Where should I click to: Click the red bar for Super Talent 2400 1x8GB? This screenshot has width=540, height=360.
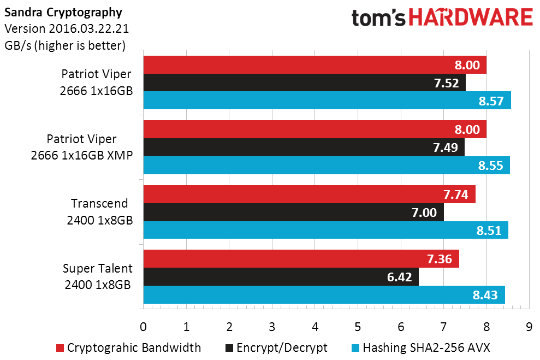click(301, 259)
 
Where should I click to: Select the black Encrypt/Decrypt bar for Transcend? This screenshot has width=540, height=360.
click(294, 212)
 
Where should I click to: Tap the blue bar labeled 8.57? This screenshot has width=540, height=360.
click(327, 101)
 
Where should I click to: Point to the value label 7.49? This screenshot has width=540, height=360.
click(446, 147)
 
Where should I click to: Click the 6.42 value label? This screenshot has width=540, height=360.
click(400, 277)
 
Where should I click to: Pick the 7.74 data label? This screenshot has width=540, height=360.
click(455, 194)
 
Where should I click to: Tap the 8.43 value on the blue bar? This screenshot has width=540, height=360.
click(485, 295)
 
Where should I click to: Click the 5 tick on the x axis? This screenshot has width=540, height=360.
click(358, 327)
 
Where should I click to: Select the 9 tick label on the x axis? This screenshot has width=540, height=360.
click(529, 327)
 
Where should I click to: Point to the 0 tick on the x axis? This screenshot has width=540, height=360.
click(143, 327)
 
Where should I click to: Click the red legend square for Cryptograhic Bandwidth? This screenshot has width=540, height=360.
click(60, 348)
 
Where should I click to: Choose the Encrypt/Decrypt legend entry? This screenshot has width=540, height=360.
click(276, 348)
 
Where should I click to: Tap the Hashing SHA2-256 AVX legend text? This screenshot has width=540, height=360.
click(426, 347)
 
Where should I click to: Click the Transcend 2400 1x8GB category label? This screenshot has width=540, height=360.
click(99, 211)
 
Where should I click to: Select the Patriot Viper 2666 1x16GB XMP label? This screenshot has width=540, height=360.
click(82, 147)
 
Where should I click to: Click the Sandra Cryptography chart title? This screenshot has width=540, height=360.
click(63, 13)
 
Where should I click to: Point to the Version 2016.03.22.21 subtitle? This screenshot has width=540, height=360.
click(67, 28)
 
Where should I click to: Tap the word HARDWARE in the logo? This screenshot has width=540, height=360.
click(471, 17)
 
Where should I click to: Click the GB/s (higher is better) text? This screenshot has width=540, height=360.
click(65, 45)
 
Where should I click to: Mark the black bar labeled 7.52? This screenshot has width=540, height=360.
click(305, 82)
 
